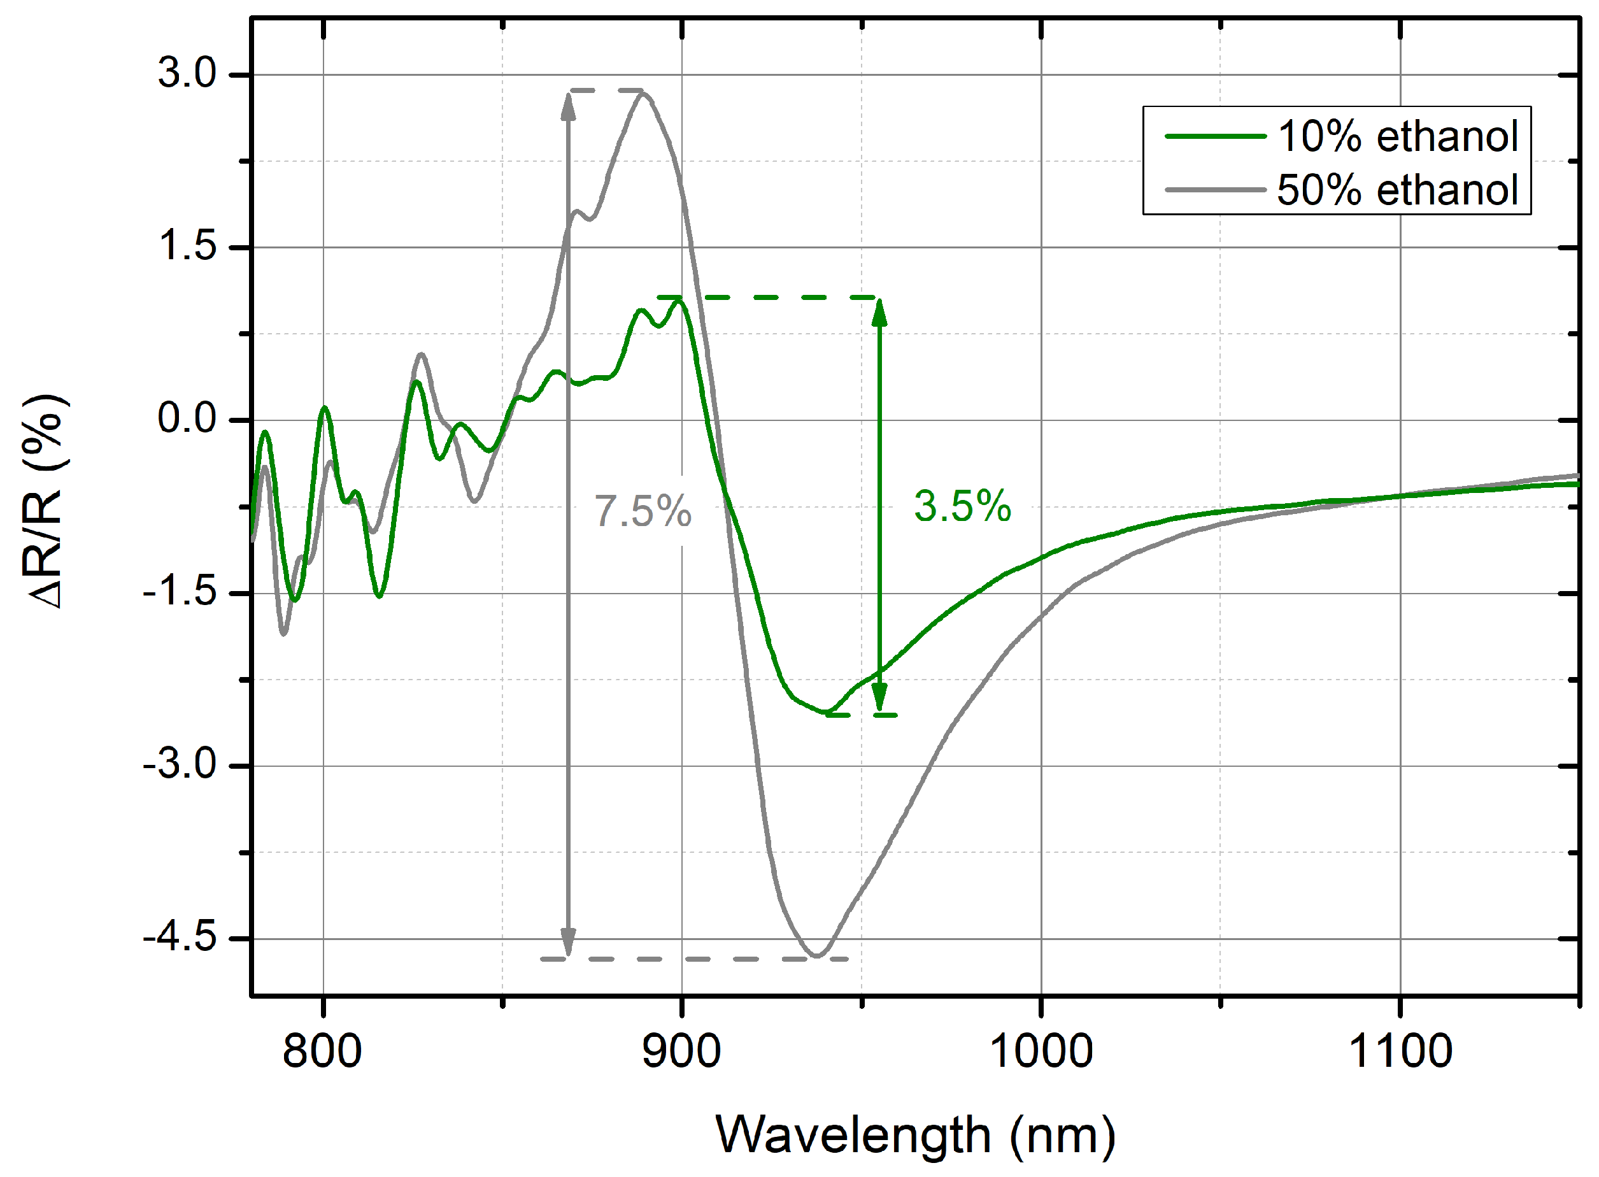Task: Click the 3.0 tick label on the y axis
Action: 187,73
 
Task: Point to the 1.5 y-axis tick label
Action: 187,246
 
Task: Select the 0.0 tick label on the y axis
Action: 187,419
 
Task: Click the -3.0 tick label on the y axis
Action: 180,765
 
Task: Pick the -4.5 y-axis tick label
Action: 180,938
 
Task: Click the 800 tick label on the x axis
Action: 323,1052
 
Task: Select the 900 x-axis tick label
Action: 681,1052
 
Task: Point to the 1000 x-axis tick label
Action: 1041,1052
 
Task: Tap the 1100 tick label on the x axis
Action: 1400,1052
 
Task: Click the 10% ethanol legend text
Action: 1397,136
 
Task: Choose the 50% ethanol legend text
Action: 1397,190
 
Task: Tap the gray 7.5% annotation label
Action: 643,511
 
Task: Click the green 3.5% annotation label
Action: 962,506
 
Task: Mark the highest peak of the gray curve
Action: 643,94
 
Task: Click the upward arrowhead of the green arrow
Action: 879,312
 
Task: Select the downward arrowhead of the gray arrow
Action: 567,941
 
